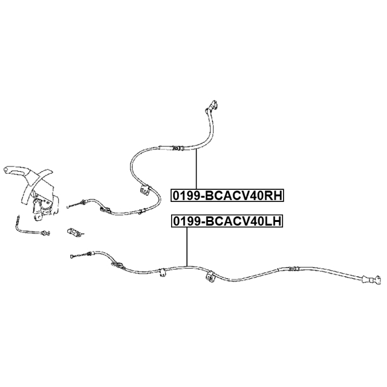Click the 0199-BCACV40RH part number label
(x=227, y=195)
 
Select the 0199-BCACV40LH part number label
(x=227, y=221)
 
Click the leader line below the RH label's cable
(x=196, y=169)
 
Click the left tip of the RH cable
(x=70, y=208)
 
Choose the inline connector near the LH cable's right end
(x=293, y=269)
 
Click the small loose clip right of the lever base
(x=73, y=232)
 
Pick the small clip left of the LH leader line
(x=162, y=273)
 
